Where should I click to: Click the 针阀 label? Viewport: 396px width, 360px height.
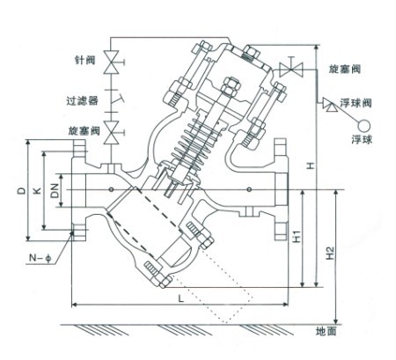click(x=84, y=60)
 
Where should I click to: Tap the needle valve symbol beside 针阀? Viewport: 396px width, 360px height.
click(x=112, y=62)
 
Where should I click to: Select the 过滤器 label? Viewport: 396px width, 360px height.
click(x=83, y=100)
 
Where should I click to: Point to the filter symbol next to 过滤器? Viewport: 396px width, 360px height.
click(x=114, y=99)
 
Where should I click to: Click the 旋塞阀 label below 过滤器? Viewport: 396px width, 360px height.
click(x=84, y=130)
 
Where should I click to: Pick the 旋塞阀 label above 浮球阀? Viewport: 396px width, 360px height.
click(x=344, y=69)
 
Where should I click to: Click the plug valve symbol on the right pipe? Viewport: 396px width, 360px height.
click(x=290, y=70)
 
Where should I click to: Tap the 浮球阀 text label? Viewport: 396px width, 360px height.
click(x=356, y=103)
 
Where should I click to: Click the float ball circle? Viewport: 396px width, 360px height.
click(x=363, y=126)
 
